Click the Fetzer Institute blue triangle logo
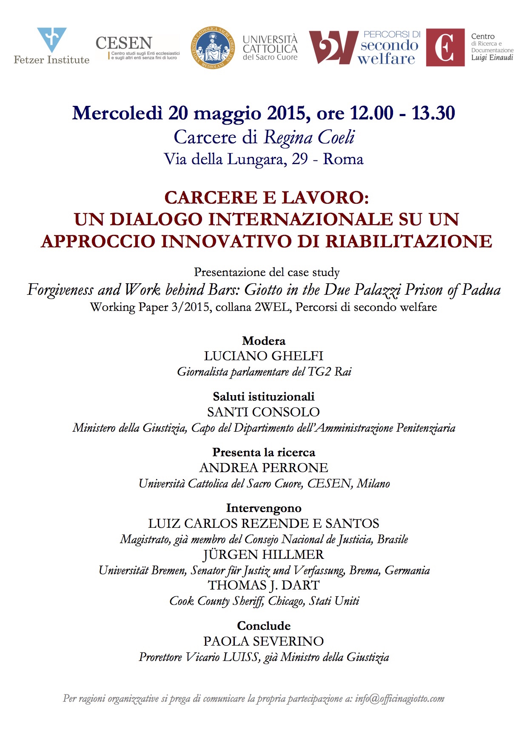coord(51,39)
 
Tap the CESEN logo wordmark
coord(123,43)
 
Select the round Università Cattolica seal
coord(213,47)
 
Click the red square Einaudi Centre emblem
coord(445,47)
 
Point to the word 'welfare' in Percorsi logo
coord(386,59)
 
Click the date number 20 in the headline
coord(178,113)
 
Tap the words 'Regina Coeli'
coord(309,137)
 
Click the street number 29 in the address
coord(299,159)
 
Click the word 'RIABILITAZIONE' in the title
coord(409,241)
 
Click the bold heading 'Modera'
coord(263,341)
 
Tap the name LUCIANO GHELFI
coord(263,356)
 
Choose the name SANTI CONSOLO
coord(263,412)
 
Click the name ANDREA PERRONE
coord(263,467)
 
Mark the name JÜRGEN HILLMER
coord(263,555)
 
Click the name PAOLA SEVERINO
coord(263,641)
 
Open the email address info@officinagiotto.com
coord(399,698)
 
